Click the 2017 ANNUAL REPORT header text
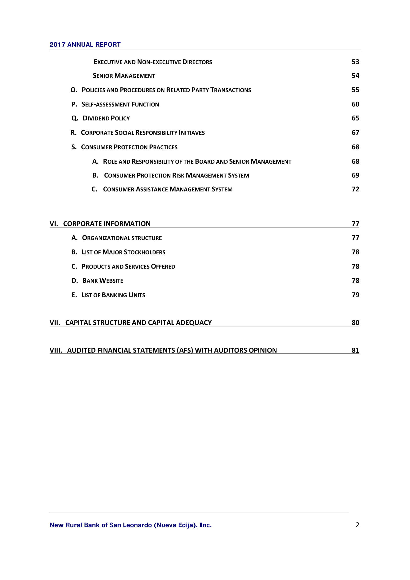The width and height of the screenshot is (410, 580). click(85, 44)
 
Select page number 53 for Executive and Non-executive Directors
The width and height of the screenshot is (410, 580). click(355, 62)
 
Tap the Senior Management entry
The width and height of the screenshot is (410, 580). click(124, 76)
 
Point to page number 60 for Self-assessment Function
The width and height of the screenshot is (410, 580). click(355, 104)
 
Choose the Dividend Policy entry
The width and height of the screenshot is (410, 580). click(106, 118)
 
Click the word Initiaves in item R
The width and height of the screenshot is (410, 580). click(192, 133)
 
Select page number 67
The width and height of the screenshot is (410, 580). click(355, 133)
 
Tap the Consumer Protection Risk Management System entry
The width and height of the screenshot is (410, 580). click(176, 175)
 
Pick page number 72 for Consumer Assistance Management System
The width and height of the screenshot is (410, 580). click(355, 189)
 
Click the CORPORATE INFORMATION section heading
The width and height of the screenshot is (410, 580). click(107, 224)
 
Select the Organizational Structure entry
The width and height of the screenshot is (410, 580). click(122, 238)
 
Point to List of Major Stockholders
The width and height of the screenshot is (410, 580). click(123, 252)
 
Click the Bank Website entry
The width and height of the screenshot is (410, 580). click(103, 281)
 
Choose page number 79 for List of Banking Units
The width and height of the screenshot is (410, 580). click(355, 295)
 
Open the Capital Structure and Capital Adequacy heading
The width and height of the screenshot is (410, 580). click(138, 323)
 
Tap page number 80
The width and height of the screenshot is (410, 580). click(355, 323)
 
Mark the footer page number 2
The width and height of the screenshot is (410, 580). click(357, 525)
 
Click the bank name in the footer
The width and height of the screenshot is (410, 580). click(131, 525)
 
